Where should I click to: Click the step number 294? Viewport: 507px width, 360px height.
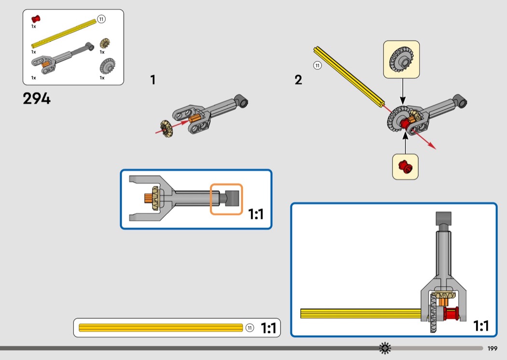click(37, 98)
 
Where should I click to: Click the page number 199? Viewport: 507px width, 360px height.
click(492, 348)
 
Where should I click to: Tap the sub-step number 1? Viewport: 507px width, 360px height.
click(153, 80)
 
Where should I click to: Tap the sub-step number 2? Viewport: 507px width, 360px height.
click(298, 80)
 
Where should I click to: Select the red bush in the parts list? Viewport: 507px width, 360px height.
click(36, 19)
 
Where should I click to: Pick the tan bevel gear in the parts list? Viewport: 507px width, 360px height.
click(105, 43)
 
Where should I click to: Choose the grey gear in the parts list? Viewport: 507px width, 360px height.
click(107, 66)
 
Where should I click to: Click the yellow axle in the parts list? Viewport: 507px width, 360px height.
click(64, 33)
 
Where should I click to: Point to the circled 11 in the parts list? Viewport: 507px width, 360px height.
click(101, 19)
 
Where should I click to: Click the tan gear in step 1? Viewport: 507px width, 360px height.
click(167, 128)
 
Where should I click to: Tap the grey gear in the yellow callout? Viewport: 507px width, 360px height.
click(401, 59)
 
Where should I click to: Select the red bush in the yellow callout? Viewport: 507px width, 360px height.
click(406, 166)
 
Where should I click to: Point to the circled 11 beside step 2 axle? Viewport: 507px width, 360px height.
click(318, 66)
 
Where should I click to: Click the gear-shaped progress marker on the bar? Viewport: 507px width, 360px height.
click(385, 348)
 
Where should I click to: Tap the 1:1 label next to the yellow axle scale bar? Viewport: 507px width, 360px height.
click(268, 328)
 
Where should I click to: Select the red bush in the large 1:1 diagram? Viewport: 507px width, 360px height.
click(451, 314)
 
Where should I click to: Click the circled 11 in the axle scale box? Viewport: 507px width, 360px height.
click(250, 328)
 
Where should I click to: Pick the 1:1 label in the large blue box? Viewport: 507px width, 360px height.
click(481, 326)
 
